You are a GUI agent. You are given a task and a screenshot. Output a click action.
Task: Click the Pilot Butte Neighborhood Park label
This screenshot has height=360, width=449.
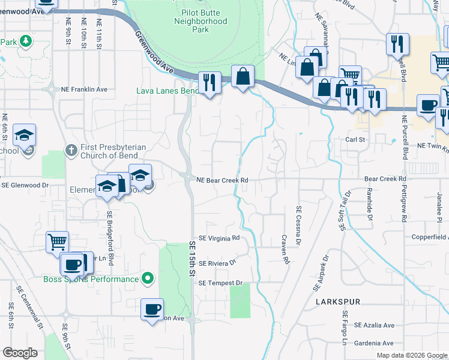[200, 21]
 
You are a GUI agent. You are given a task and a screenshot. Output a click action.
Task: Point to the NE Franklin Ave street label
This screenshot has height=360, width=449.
[84, 89]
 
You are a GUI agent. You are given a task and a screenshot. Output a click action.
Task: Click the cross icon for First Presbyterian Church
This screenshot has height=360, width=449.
[70, 149]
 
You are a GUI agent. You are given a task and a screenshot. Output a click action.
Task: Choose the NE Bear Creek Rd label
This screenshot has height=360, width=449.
[223, 179]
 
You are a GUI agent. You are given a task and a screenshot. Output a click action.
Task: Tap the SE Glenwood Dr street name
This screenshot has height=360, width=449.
[25, 185]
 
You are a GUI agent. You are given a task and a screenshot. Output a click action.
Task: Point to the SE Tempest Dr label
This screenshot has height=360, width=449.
[220, 283]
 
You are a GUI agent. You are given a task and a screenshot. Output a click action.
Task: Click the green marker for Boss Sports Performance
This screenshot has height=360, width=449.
[147, 278]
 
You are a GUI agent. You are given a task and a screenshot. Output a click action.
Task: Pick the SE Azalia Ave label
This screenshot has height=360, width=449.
[373, 325]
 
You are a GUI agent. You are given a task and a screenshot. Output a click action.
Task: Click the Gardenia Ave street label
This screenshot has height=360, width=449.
[373, 343]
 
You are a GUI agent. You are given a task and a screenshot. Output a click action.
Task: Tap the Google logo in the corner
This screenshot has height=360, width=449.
[20, 353]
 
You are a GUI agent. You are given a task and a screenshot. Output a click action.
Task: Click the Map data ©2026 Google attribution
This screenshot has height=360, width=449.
[412, 355]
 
